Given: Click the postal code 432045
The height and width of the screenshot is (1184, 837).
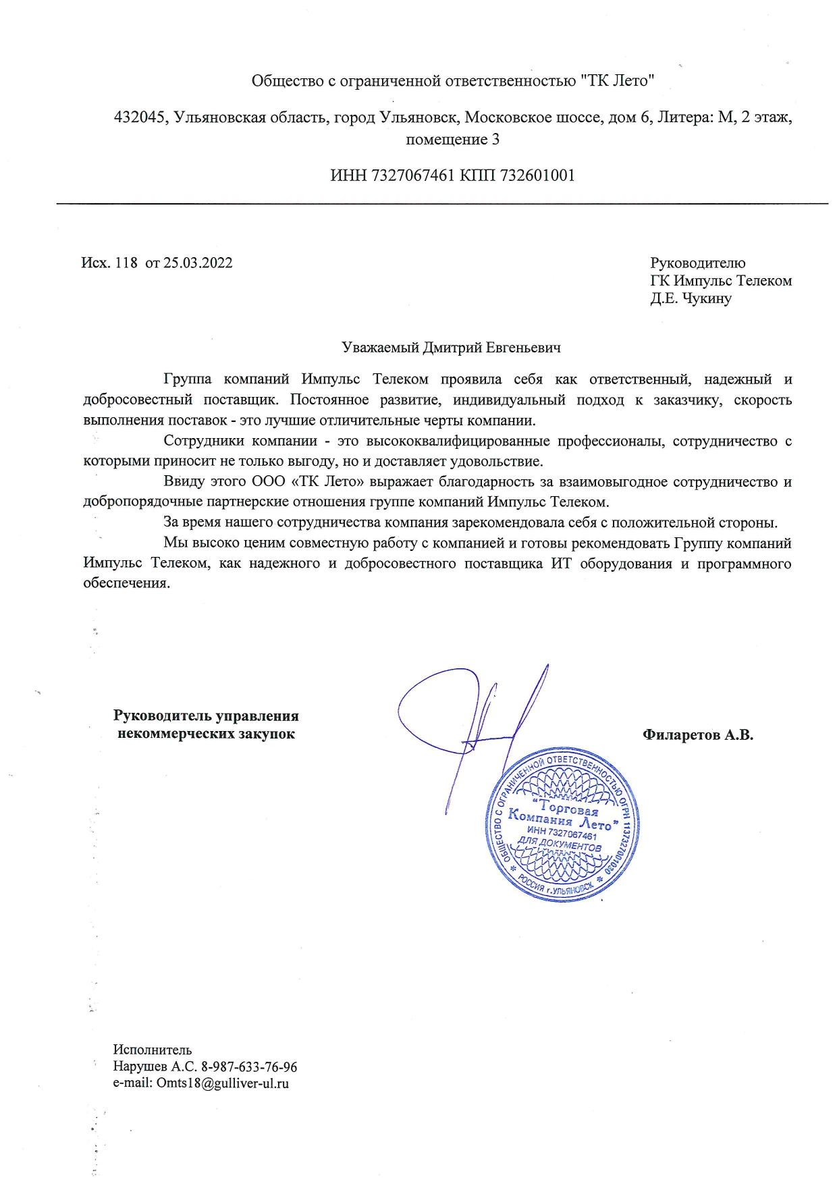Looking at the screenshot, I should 140,117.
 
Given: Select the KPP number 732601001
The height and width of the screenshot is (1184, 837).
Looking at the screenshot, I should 537,176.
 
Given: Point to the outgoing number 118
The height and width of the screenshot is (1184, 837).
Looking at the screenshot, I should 126,263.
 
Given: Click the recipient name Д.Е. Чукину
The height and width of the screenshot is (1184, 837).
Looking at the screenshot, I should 691,298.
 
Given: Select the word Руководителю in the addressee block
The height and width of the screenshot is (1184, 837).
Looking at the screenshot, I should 698,263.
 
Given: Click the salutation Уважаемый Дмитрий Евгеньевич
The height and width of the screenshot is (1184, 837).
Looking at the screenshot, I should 451,348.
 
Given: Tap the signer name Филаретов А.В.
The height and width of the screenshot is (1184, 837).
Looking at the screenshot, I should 698,735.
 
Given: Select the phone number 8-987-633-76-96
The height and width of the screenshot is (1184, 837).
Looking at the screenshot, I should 249,1067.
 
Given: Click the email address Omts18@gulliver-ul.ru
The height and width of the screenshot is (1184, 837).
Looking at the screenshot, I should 223,1084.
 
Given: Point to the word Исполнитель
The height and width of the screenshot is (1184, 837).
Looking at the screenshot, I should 153,1050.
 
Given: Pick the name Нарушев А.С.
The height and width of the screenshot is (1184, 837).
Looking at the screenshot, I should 155,1067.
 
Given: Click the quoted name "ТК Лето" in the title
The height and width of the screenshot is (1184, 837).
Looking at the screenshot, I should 618,82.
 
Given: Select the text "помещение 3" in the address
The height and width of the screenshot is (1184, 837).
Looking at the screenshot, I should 452,140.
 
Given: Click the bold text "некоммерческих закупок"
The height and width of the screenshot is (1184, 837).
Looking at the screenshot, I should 206,734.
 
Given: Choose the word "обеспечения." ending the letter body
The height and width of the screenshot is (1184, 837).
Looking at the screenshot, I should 126,583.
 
